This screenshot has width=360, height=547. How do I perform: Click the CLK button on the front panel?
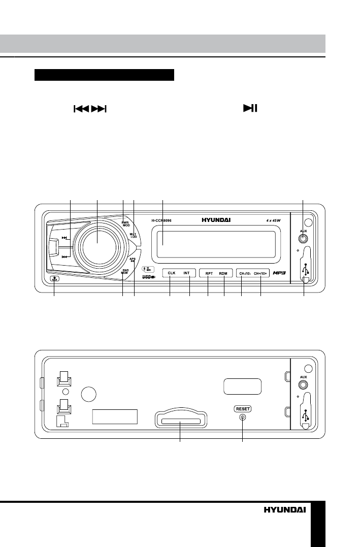click(x=172, y=273)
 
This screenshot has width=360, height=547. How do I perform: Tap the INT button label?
click(x=186, y=273)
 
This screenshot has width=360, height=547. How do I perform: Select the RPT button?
click(x=209, y=273)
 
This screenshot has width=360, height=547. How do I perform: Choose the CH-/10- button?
click(x=244, y=273)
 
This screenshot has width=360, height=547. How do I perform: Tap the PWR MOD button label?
click(x=125, y=223)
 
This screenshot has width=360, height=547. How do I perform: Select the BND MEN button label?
click(x=124, y=271)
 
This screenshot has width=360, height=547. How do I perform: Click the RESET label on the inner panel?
click(x=242, y=408)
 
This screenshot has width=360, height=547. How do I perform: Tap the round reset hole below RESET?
click(x=242, y=417)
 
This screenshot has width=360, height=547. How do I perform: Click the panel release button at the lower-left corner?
click(x=54, y=278)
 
